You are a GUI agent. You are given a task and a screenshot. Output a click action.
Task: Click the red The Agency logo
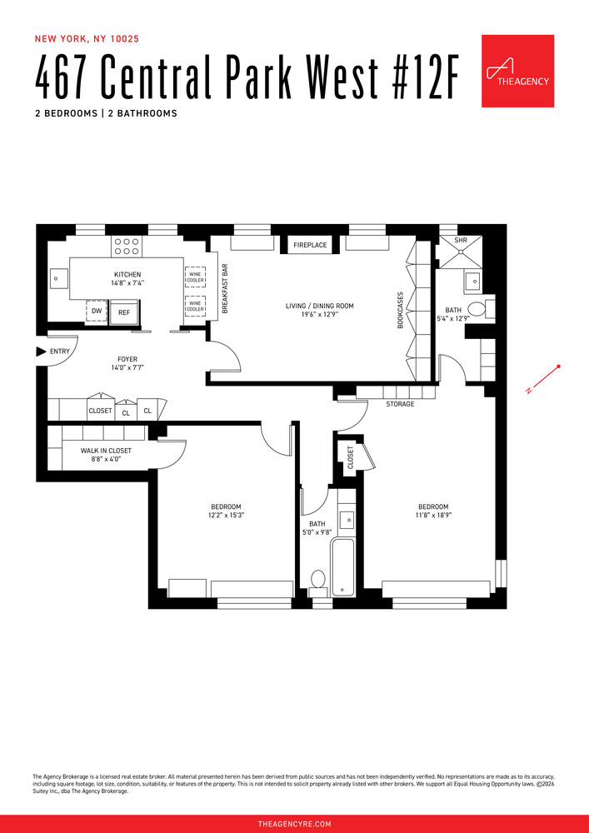point(517,71)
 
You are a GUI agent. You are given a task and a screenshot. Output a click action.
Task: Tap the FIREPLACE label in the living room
point(310,245)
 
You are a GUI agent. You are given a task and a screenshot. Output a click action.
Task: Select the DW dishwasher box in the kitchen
point(97,312)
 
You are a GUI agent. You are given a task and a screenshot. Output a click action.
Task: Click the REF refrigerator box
point(124,312)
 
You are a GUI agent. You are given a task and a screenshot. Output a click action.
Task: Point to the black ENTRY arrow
point(41,352)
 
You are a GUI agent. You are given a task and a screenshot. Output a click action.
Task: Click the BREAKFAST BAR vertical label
point(225,290)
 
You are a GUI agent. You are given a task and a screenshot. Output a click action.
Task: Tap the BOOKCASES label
point(400,309)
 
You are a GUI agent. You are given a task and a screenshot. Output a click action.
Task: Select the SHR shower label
point(461,240)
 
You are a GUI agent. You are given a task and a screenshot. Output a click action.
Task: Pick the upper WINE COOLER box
point(195,277)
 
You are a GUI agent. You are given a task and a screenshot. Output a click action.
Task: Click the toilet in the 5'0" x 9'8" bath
point(317,579)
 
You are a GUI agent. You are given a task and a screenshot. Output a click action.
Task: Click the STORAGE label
point(400,404)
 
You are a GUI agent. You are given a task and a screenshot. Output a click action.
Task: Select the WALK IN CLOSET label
point(106,451)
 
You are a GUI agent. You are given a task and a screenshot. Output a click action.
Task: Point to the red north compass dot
point(558,367)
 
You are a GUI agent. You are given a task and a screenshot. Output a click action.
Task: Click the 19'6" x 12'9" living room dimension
point(319,316)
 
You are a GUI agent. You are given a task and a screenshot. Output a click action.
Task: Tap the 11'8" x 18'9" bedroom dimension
point(433,516)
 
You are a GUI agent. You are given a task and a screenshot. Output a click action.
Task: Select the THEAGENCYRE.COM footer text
point(294,824)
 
